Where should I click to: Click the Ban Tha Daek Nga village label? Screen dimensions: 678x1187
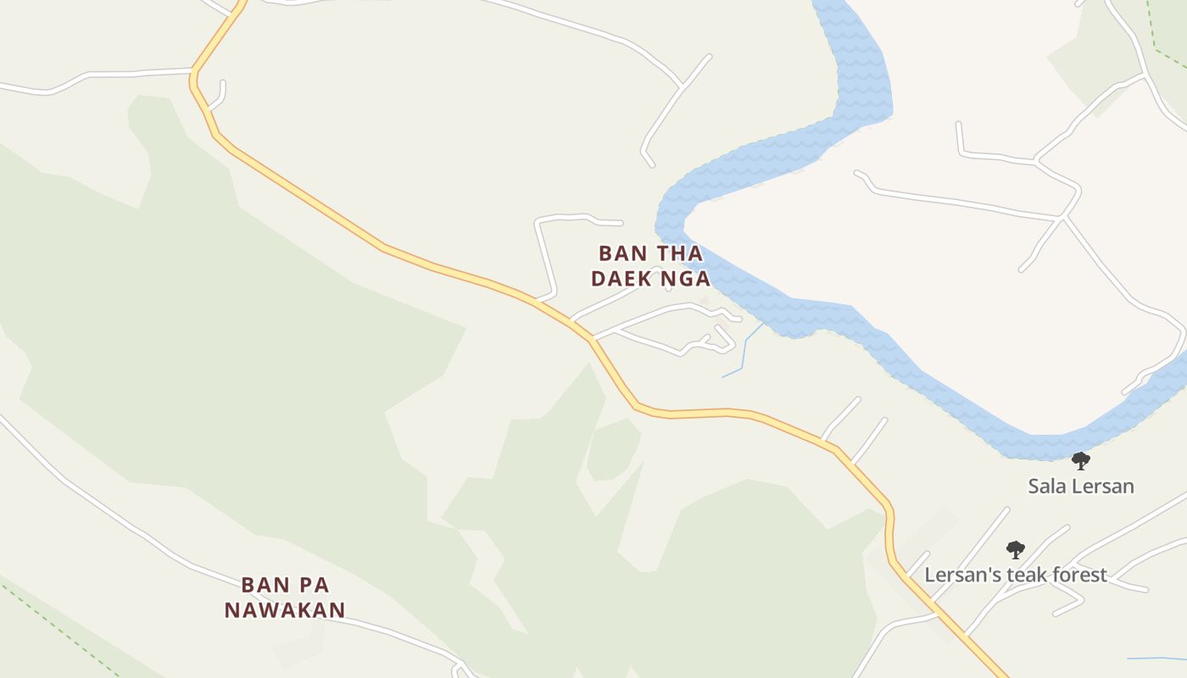tap(650, 265)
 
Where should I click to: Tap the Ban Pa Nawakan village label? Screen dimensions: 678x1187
tap(285, 597)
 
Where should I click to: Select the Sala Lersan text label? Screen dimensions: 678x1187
tap(1080, 486)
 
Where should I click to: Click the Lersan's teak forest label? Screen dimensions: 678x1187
tap(1015, 575)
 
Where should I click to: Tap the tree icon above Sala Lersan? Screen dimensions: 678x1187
tap(1080, 461)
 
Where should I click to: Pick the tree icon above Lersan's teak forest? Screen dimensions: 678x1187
tap(1015, 549)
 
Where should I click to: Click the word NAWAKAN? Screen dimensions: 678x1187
tap(285, 609)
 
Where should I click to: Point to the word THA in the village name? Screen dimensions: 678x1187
tap(680, 253)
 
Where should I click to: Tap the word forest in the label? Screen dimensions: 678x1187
tap(1078, 575)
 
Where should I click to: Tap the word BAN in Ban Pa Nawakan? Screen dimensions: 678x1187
tap(260, 585)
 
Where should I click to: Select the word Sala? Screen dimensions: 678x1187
tap(1047, 486)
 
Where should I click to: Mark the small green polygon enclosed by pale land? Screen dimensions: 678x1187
tap(612, 448)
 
